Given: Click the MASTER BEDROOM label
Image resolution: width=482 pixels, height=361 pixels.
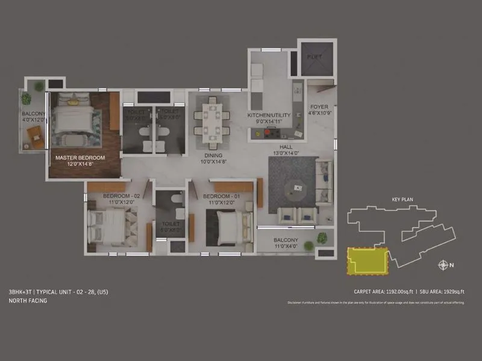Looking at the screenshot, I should (x=80, y=158).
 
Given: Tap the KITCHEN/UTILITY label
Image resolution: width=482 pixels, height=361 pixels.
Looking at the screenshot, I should (x=269, y=115).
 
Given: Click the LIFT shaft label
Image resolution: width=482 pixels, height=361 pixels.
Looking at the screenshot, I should (x=314, y=57).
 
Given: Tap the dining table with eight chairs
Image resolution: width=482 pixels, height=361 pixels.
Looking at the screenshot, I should (x=211, y=122).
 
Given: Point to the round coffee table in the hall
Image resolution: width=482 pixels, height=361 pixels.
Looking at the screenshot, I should (x=296, y=188).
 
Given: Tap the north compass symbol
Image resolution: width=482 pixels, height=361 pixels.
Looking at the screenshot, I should (x=445, y=265).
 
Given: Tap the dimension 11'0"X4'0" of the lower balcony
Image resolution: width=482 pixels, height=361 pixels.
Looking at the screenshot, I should (x=286, y=246).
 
